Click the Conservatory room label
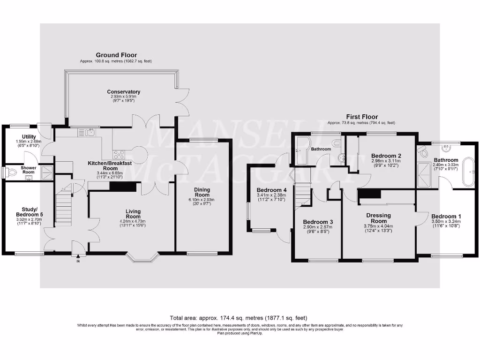tap(123, 92)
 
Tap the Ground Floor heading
tap(116, 55)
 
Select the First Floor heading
tap(361, 117)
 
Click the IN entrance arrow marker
tap(78, 256)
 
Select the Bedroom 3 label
tap(318, 222)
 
